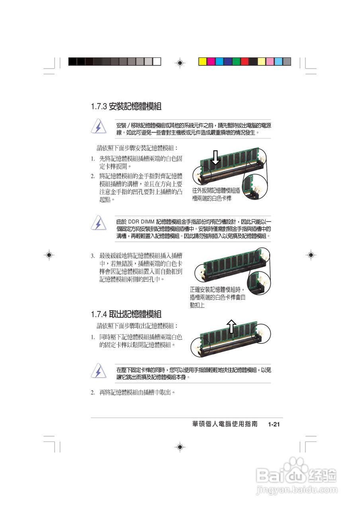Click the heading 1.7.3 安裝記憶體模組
(x=126, y=107)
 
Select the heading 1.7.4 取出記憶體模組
(x=126, y=314)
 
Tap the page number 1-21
(x=274, y=425)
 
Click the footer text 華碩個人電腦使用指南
(x=225, y=425)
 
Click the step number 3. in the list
(x=92, y=255)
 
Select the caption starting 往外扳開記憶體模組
(x=216, y=194)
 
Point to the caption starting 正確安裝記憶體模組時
(x=217, y=297)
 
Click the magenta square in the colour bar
(x=211, y=61)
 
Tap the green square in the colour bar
(x=236, y=61)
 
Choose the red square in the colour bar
(x=245, y=61)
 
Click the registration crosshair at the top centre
(x=180, y=63)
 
